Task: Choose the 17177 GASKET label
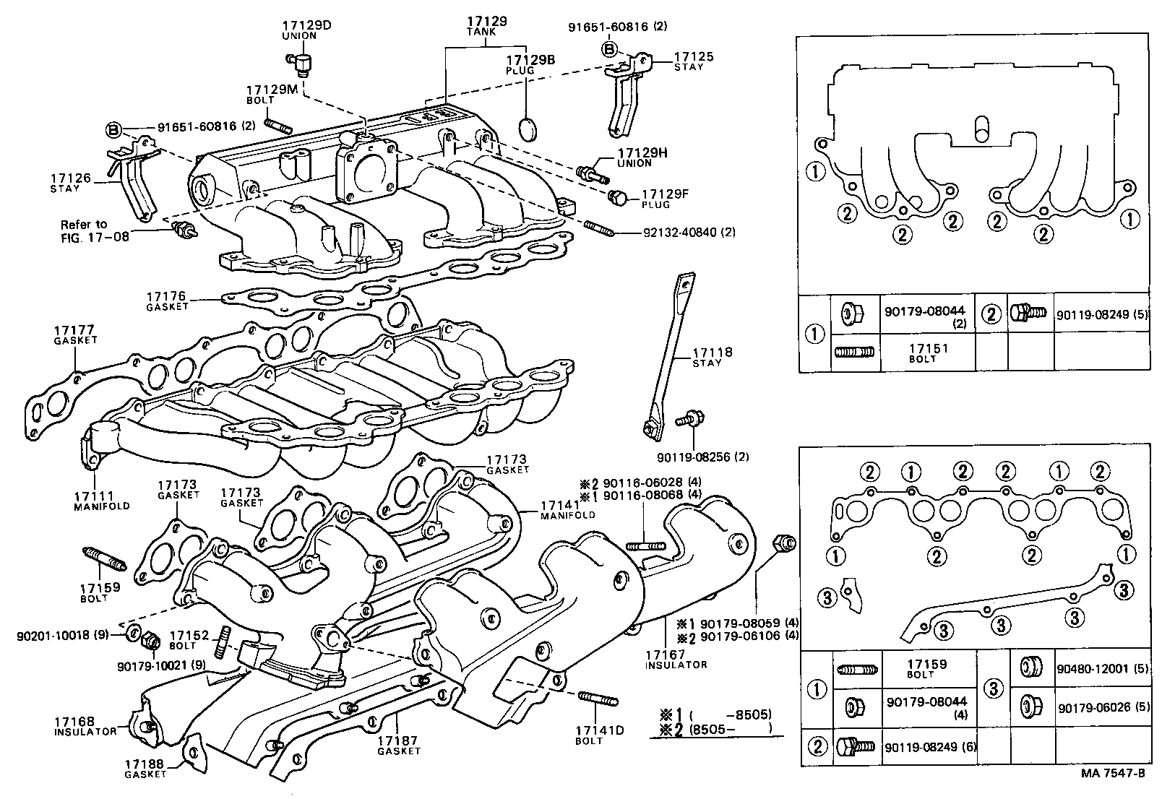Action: coord(74,334)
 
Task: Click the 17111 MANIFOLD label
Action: coord(101,501)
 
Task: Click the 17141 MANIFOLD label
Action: coord(567,510)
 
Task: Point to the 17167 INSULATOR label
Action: coord(676,659)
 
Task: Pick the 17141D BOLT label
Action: coord(599,735)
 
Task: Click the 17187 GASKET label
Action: coord(398,745)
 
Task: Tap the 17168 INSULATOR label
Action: coord(84,726)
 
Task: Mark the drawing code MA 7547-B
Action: coord(1113,773)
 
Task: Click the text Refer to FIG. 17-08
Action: coord(94,230)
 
